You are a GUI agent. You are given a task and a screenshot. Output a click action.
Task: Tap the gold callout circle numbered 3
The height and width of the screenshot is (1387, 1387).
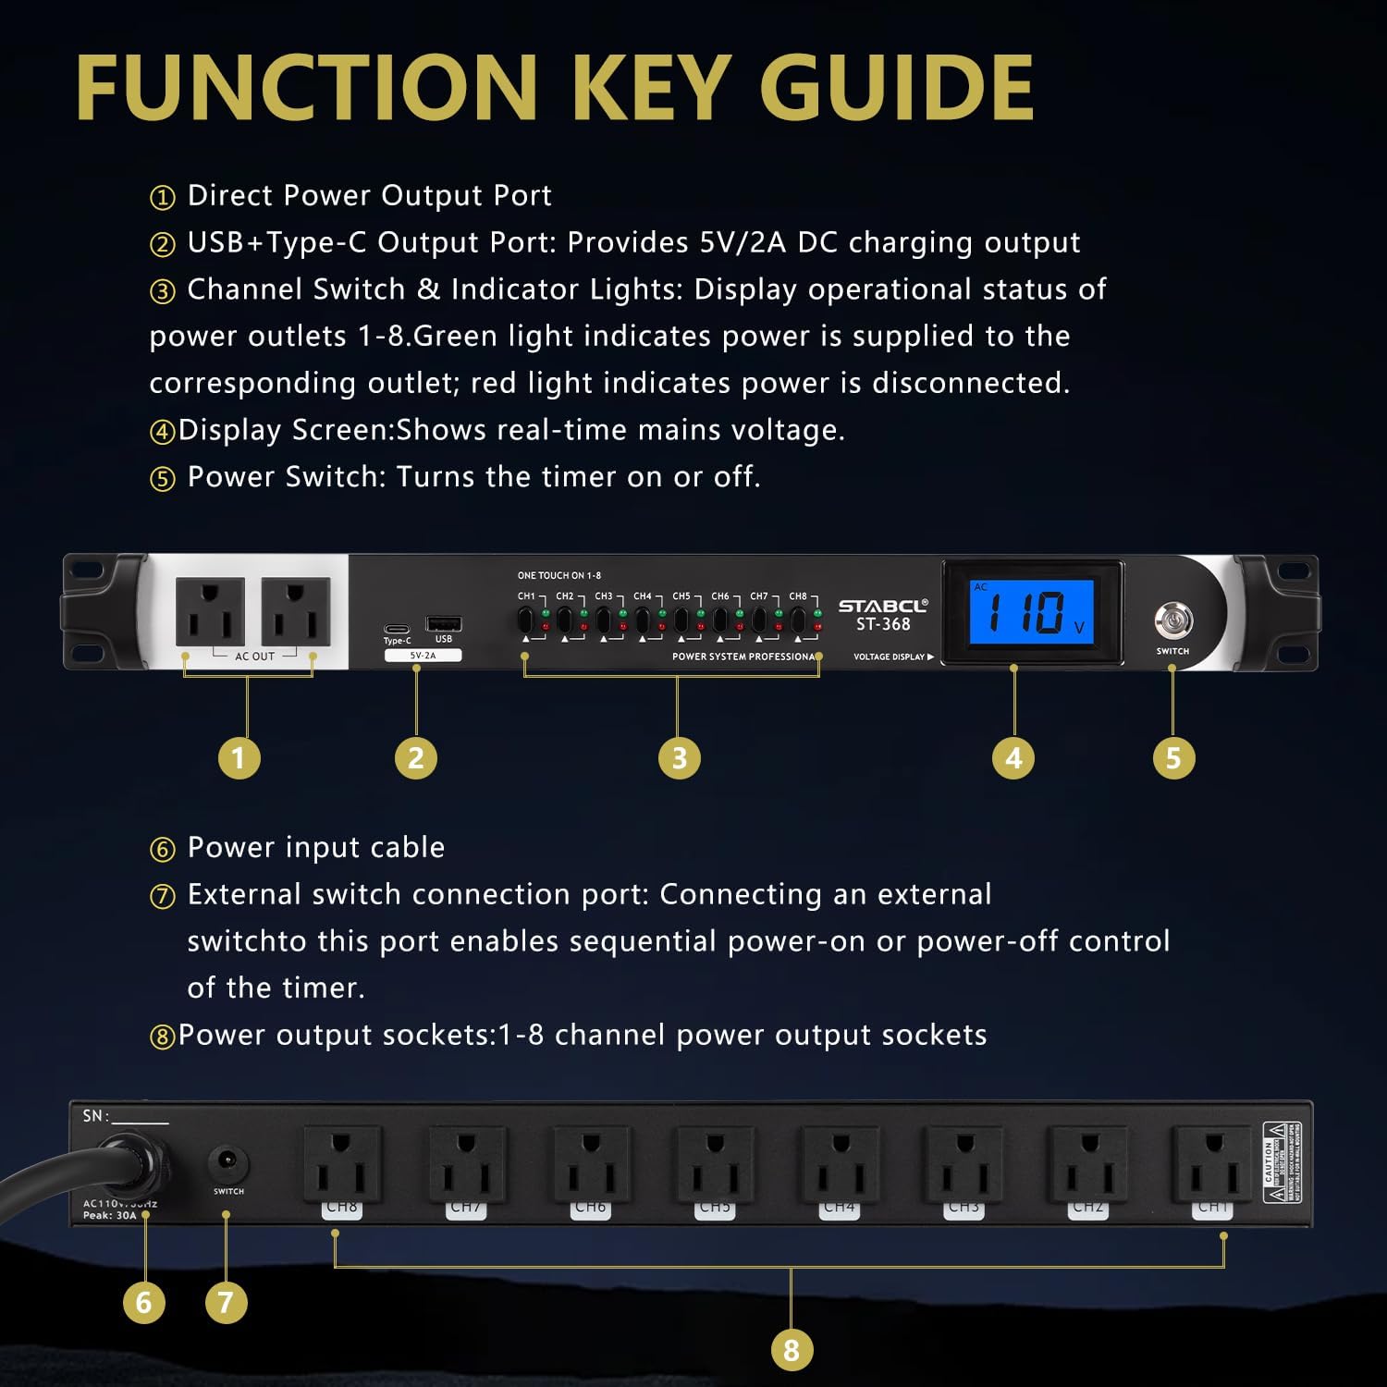679,758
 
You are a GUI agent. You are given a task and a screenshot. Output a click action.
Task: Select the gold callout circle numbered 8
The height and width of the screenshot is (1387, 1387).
791,1350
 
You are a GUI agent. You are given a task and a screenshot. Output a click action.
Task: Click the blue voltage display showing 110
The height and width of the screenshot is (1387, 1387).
1031,612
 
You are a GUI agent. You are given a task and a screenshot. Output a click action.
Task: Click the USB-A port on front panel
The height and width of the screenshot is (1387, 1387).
443,624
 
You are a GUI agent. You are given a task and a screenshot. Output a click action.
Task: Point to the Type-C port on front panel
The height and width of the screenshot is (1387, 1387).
398,629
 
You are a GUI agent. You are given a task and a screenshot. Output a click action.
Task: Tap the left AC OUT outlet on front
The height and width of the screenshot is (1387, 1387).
210,611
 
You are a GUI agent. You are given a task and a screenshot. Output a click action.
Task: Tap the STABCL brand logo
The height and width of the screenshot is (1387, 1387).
882,606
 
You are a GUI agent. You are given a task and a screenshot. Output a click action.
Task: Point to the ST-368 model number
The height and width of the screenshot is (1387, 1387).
882,625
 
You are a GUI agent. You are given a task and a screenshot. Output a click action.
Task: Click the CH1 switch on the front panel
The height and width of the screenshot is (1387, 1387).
525,620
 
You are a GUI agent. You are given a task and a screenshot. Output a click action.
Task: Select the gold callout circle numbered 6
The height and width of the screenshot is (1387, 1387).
143,1303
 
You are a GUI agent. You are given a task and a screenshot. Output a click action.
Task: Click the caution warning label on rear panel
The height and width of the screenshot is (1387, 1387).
1283,1162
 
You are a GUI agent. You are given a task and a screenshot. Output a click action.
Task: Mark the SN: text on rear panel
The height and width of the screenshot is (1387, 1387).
96,1116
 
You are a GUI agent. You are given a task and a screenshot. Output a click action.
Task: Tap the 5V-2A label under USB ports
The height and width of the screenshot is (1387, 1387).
423,656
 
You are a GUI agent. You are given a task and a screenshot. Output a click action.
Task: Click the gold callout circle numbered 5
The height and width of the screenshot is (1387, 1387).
1173,758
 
